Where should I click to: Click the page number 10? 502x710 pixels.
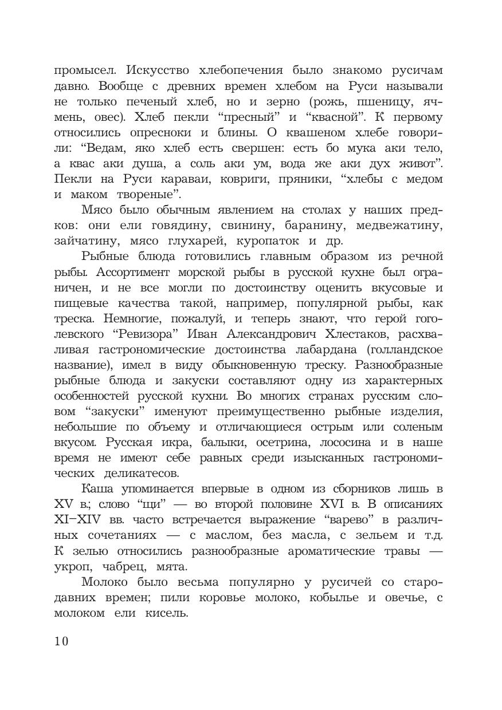[x=61, y=641]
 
